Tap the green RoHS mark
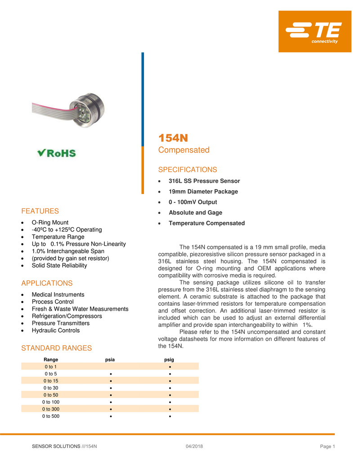(57, 153)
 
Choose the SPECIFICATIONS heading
(187, 170)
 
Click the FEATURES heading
(40, 211)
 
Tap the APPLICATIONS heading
(47, 283)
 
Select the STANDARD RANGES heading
(57, 348)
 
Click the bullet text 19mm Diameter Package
(203, 191)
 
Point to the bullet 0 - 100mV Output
(193, 202)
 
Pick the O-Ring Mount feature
(50, 222)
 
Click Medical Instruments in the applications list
(58, 294)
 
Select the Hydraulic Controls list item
(55, 330)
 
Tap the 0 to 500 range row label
(50, 416)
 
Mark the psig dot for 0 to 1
(169, 366)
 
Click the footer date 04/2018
(194, 446)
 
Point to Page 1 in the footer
(328, 446)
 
